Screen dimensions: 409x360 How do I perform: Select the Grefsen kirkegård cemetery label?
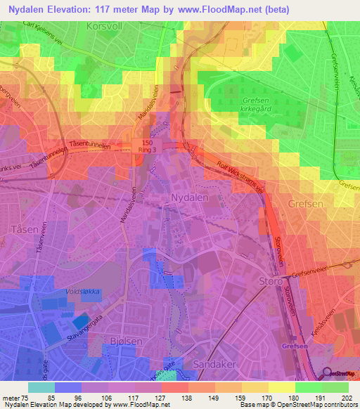pyautogui.click(x=264, y=106)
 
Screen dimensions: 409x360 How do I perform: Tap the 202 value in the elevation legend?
pyautogui.click(x=346, y=398)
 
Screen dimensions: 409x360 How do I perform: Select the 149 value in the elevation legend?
pyautogui.click(x=212, y=398)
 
